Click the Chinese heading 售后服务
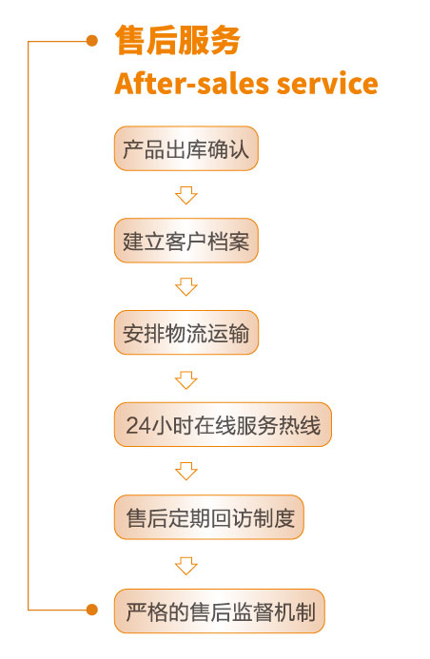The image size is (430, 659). [x=177, y=40]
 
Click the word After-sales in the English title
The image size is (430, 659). [x=191, y=83]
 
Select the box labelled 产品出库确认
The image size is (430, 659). [x=186, y=148]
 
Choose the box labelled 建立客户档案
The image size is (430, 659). [x=186, y=241]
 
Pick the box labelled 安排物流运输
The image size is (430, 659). [x=186, y=333]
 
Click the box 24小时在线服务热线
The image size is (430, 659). [x=223, y=424]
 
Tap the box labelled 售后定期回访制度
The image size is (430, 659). [x=209, y=517]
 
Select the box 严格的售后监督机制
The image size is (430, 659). [x=220, y=611]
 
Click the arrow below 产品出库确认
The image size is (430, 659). [x=186, y=196]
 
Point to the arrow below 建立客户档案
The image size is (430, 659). [x=186, y=286]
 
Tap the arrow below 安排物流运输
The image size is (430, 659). [x=186, y=380]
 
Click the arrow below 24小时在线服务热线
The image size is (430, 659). [x=186, y=471]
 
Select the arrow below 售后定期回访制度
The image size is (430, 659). [x=186, y=566]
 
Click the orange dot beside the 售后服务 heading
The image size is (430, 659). [x=92, y=41]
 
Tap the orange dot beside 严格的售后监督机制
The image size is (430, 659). [x=92, y=610]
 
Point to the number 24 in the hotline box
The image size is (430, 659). [x=138, y=425]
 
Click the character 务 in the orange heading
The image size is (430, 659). [x=225, y=40]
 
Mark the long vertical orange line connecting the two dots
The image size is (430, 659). [x=29, y=325]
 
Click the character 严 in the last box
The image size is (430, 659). [x=136, y=611]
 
